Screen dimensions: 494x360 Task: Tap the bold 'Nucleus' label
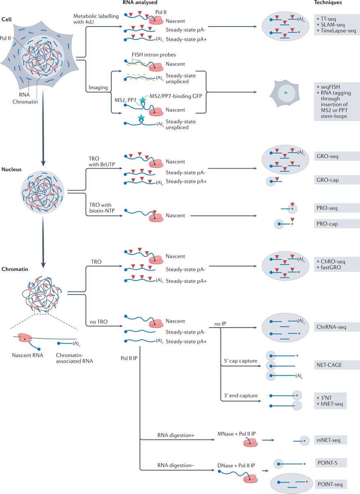pos(12,169)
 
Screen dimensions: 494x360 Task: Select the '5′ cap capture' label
pos(239,361)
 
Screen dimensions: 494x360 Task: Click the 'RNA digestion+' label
pos(173,435)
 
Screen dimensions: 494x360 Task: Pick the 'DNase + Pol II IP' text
pos(236,465)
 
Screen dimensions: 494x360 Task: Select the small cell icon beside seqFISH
pos(283,93)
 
